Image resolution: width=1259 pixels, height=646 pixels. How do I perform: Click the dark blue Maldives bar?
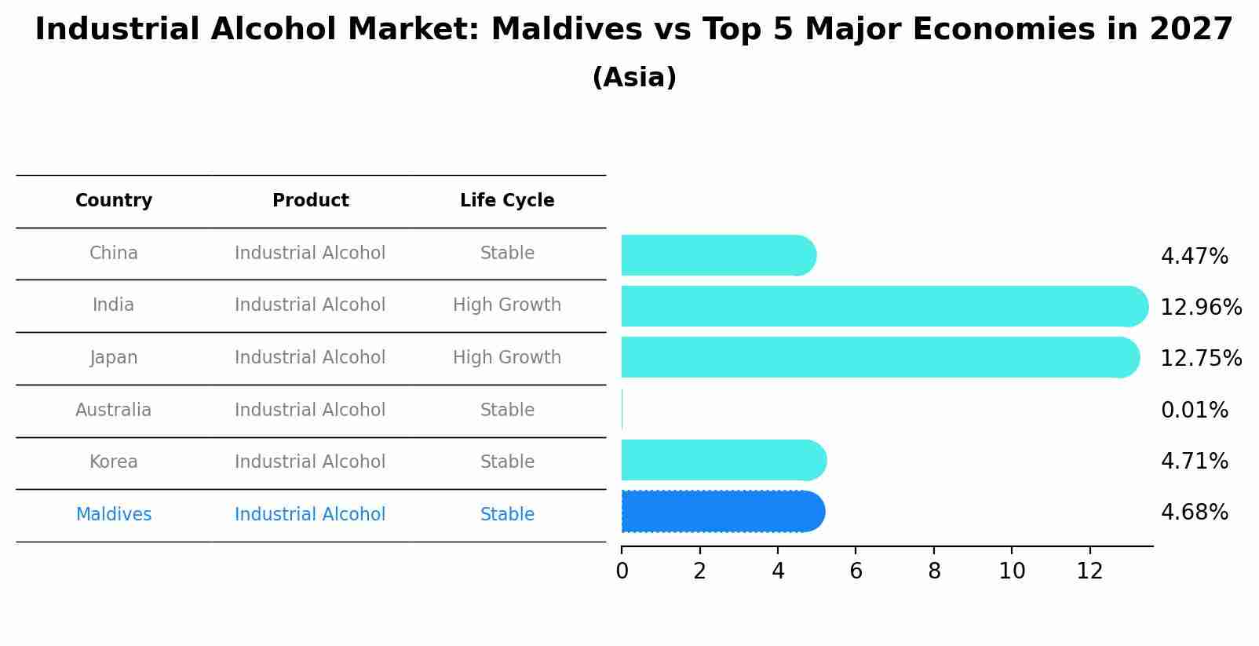(x=722, y=512)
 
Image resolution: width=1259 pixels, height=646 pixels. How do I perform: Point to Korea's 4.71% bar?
(x=723, y=460)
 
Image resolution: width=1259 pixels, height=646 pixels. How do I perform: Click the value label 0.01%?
(x=1194, y=410)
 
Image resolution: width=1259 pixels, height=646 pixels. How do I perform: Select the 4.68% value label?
(x=1194, y=513)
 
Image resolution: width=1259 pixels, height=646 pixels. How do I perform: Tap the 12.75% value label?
(x=1200, y=358)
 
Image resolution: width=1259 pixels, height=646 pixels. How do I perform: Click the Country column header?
(x=114, y=201)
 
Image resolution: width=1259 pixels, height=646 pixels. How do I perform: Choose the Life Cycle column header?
(x=507, y=201)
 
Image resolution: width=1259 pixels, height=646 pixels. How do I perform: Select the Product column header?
(x=310, y=201)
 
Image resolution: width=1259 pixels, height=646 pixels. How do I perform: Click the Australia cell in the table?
(x=114, y=410)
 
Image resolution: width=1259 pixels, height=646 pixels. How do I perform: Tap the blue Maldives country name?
(x=114, y=515)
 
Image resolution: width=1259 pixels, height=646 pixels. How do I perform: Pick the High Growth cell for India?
(x=507, y=305)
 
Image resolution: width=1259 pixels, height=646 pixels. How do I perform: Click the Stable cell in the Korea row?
(x=507, y=462)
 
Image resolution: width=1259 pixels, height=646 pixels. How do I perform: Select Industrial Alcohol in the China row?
(x=310, y=253)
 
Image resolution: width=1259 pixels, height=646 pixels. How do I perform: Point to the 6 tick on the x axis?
(x=856, y=571)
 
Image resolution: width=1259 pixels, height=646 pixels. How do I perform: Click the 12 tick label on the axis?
(x=1089, y=571)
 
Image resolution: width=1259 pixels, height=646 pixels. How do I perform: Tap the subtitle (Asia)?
(x=634, y=78)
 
